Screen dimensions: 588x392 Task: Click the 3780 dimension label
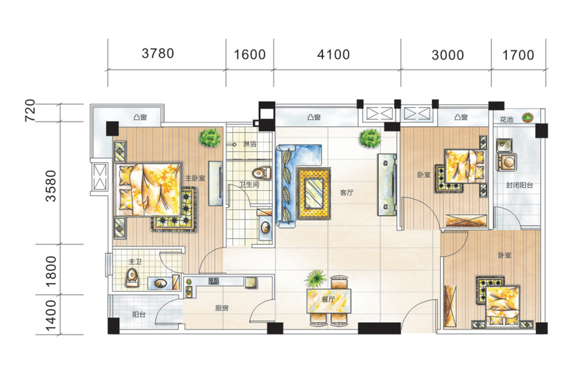point(158,54)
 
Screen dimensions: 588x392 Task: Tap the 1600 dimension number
point(250,55)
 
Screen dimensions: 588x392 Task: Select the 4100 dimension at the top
point(333,55)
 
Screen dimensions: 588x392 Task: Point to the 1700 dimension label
point(518,55)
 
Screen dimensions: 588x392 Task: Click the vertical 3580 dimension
point(50,186)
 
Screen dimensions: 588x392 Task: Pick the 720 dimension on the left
point(29,110)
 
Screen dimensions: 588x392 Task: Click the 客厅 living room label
point(346,193)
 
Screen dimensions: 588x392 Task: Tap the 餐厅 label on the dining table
point(328,299)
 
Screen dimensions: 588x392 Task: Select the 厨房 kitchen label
point(221,308)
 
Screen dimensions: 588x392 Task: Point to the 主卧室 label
point(195,178)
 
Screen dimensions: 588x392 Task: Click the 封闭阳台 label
point(519,185)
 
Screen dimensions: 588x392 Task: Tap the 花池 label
point(506,120)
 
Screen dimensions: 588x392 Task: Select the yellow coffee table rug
point(314,193)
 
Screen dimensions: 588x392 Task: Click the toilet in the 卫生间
point(261,173)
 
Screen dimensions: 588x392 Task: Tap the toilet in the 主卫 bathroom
point(132,278)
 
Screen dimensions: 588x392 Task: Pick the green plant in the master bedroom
point(210,138)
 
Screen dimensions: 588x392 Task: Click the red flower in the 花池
point(528,118)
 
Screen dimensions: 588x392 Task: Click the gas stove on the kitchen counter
point(214,280)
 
